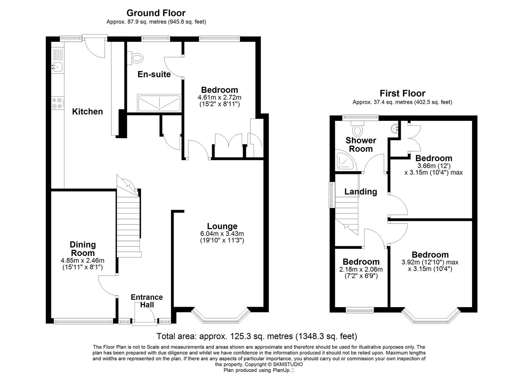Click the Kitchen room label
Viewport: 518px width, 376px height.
click(87, 111)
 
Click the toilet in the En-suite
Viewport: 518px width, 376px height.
click(136, 58)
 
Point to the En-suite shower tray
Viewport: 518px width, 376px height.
click(159, 103)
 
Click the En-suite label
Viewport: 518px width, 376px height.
click(154, 74)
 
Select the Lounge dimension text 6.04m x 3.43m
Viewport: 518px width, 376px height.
click(222, 234)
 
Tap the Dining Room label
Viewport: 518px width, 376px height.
click(83, 249)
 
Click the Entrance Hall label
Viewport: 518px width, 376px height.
click(147, 301)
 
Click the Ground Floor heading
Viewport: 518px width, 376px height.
click(156, 13)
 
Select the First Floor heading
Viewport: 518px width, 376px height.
click(402, 93)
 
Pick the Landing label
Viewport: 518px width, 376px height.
click(361, 191)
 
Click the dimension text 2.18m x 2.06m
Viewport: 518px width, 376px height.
click(361, 269)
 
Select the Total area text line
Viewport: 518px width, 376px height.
click(257, 336)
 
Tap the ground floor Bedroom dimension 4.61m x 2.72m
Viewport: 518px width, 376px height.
click(219, 97)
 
